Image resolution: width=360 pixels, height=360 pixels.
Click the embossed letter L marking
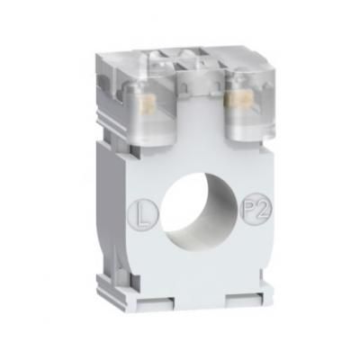[143, 215]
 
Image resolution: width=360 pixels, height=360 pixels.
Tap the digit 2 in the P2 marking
[263, 209]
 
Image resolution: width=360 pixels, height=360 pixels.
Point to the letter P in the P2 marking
[251, 210]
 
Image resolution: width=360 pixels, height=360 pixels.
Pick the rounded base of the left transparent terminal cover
[149, 138]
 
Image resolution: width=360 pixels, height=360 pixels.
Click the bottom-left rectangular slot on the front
[156, 302]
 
